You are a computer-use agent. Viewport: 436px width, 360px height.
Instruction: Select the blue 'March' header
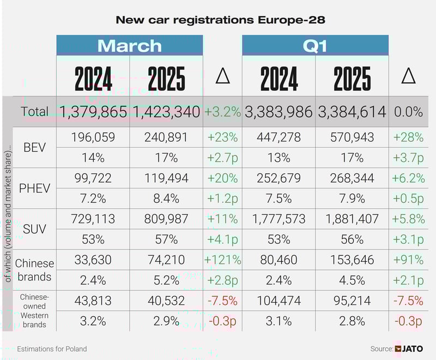[129, 45]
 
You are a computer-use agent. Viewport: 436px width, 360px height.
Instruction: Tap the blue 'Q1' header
[315, 45]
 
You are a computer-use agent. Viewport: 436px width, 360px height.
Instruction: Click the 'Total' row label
[35, 112]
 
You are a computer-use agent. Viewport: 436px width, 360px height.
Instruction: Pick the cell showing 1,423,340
[166, 112]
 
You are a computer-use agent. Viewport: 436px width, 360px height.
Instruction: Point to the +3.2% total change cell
[222, 112]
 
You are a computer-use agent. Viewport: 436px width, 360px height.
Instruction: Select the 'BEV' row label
[35, 147]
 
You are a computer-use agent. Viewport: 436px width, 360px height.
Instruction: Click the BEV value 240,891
[166, 137]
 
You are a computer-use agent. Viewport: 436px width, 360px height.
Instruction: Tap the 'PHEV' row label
[35, 188]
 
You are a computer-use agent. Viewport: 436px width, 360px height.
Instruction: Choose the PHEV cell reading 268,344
[352, 178]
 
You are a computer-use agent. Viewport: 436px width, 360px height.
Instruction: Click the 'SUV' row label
[35, 229]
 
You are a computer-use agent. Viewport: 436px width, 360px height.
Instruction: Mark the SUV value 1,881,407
[352, 219]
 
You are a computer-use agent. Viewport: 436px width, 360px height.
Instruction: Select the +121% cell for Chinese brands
[222, 260]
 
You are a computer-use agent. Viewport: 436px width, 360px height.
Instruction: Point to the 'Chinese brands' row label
[35, 270]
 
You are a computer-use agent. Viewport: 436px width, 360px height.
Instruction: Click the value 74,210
[166, 260]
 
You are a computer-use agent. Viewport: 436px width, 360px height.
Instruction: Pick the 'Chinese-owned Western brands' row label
[35, 311]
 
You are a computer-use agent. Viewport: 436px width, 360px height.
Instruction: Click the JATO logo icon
[399, 349]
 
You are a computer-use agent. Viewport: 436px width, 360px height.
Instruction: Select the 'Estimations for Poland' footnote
[52, 349]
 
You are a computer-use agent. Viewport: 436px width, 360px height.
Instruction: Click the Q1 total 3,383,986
[278, 112]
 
